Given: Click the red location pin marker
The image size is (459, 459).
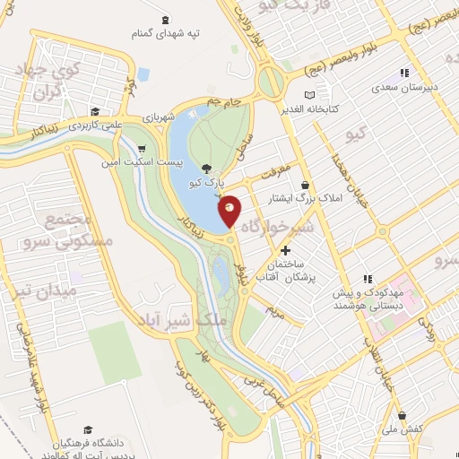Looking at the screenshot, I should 229,209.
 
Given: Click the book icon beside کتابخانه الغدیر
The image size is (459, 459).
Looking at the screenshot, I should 310,95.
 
